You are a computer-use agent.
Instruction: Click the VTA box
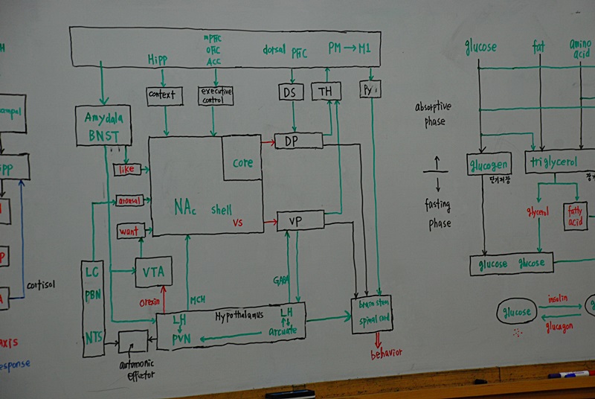pos(153,272)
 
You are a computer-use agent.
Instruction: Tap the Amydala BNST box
pos(103,125)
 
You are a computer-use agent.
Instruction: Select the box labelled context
pos(164,96)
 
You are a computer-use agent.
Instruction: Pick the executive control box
pos(216,95)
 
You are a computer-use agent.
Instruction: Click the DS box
pos(291,92)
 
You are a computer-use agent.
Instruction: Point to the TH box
pos(325,91)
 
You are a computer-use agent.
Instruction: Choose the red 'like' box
pos(126,170)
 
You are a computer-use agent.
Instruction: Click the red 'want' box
pos(129,232)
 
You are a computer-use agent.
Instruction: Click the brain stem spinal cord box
pos(372,313)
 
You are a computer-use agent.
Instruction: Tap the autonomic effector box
pos(133,342)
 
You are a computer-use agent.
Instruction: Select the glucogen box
pos(489,163)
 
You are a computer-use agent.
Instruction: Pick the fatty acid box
pos(575,216)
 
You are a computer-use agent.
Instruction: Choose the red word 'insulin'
pos(558,298)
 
